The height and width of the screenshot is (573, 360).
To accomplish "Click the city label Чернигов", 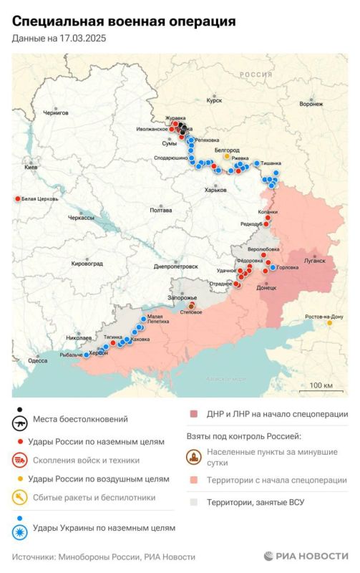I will coord(56,112).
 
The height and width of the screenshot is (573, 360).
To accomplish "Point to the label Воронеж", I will coord(311,104).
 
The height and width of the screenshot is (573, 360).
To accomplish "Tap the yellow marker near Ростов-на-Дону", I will coord(329,323).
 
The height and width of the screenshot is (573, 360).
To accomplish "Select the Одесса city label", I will coord(37,362).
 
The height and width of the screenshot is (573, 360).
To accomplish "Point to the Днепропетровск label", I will coord(175,266).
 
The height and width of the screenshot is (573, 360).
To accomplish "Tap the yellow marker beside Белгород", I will coord(227,155).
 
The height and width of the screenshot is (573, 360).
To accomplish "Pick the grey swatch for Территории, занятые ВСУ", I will coord(194,502).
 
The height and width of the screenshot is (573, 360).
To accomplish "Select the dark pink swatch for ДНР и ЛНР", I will coord(194,414).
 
